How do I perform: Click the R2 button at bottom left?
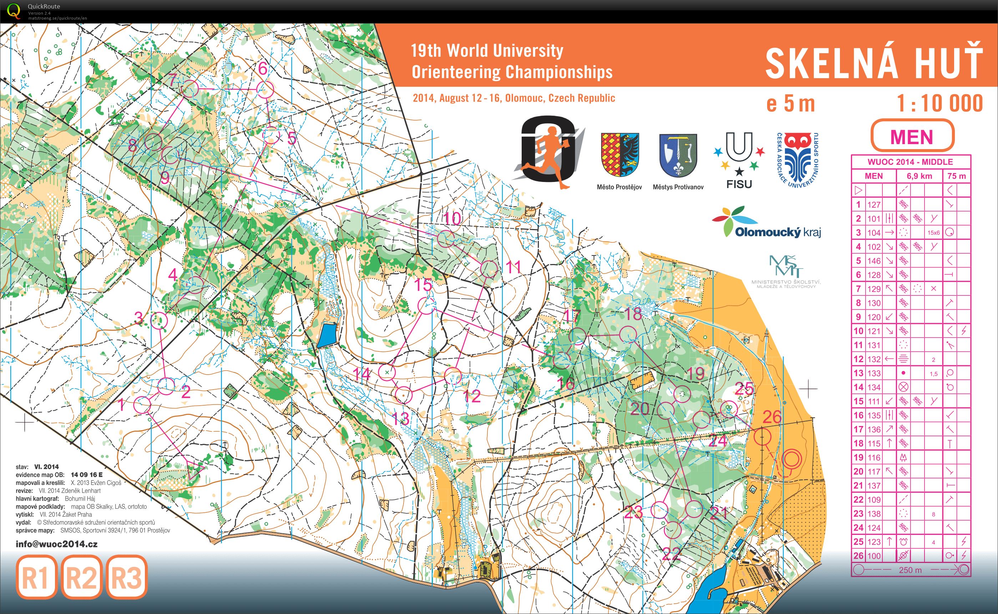click(x=82, y=577)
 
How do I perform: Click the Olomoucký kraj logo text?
click(x=777, y=232)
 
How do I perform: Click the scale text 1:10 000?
click(x=939, y=103)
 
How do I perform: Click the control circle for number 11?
click(x=489, y=269)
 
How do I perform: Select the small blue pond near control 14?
click(x=327, y=335)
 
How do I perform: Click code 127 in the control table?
click(x=874, y=205)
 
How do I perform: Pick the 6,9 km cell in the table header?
click(x=919, y=176)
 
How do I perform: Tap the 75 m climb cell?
click(x=956, y=176)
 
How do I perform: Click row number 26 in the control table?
click(x=858, y=555)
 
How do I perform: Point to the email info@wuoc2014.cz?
click(x=56, y=544)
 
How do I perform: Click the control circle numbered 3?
click(x=159, y=320)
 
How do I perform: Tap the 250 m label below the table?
click(x=910, y=570)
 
